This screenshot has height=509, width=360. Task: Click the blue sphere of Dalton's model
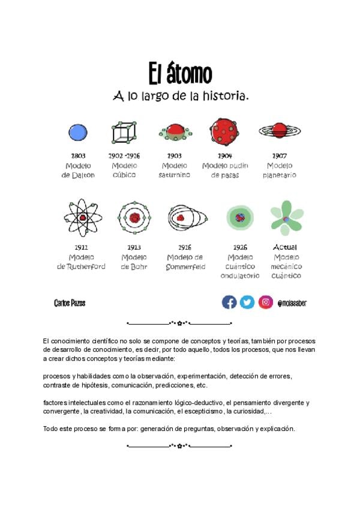[78, 132]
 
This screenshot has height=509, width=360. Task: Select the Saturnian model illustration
[175, 132]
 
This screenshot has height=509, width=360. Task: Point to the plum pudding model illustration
[224, 131]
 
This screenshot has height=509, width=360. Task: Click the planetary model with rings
[280, 130]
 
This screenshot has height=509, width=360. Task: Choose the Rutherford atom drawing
[83, 218]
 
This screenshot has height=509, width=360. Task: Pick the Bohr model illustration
[134, 218]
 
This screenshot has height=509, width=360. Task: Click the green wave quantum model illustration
[240, 217]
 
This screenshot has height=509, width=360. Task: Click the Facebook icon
[229, 302]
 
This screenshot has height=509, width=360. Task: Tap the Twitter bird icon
[247, 302]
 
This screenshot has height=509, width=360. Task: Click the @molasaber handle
[292, 303]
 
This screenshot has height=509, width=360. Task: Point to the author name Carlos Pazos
[70, 303]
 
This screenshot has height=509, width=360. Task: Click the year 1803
[78, 156]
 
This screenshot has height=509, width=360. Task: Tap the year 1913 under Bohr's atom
[134, 247]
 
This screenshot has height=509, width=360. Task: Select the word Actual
[285, 247]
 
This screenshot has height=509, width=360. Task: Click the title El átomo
[180, 74]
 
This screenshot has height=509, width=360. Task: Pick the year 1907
[280, 156]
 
